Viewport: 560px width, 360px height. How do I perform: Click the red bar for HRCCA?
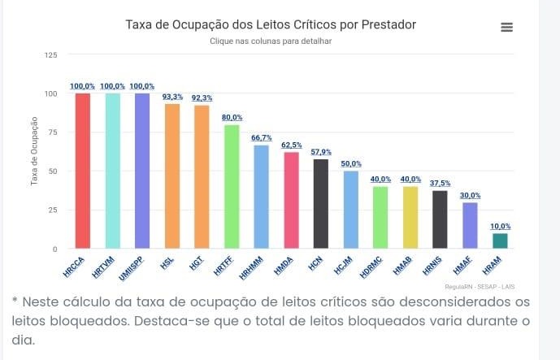tap(83, 171)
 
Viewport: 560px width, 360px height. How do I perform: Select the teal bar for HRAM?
tap(500, 241)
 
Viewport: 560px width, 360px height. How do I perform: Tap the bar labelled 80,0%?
tap(232, 186)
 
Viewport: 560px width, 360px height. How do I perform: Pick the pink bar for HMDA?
tap(291, 200)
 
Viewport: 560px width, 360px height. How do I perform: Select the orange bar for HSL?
tap(172, 176)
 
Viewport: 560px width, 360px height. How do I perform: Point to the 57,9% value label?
tap(321, 152)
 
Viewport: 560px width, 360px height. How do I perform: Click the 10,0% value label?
tap(501, 227)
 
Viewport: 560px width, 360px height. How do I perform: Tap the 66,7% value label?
tap(261, 138)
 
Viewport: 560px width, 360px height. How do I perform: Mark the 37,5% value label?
tap(441, 184)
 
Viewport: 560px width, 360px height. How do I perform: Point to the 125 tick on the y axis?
tap(51, 54)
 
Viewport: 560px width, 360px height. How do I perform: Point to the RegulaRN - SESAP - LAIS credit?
tap(480, 286)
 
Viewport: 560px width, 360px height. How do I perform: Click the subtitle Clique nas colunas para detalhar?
tap(271, 40)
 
